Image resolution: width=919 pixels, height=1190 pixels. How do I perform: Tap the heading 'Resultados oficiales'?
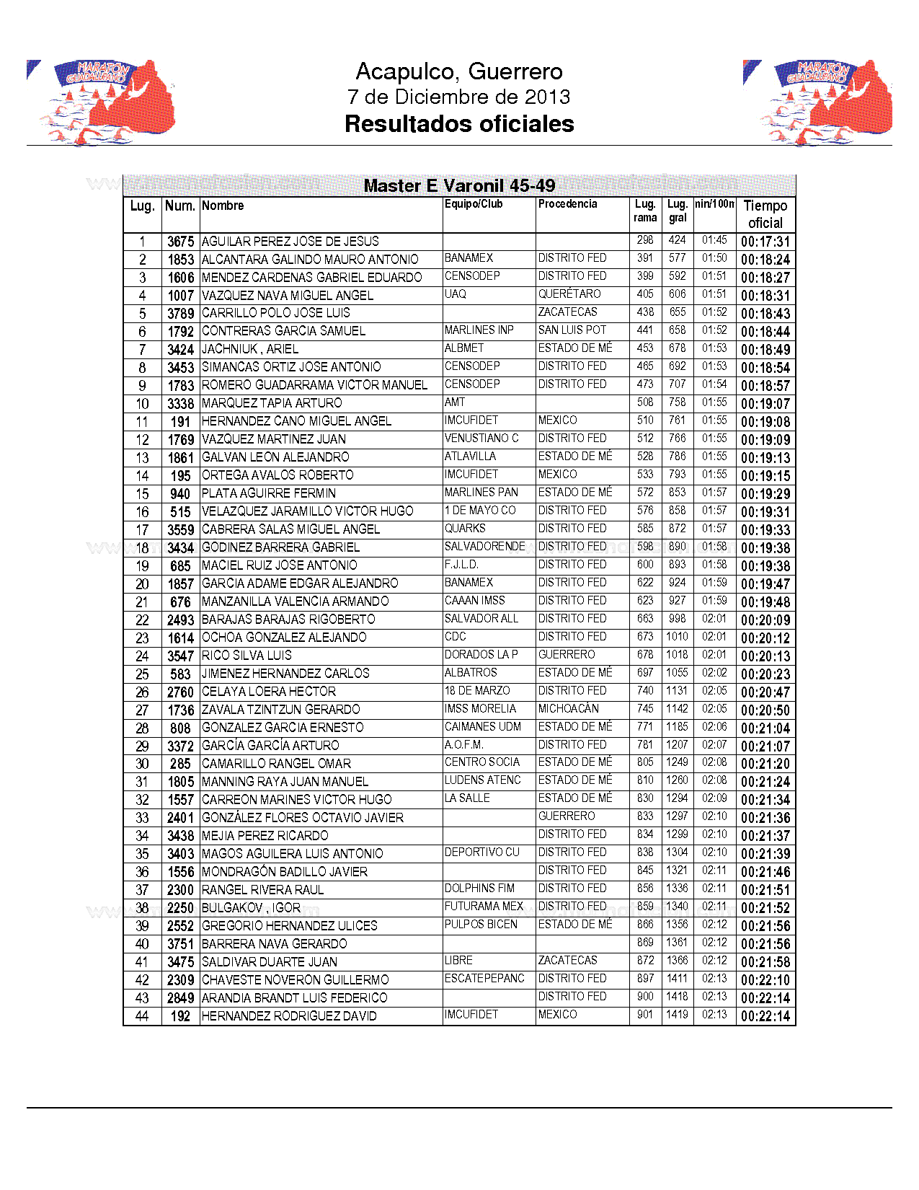click(x=459, y=124)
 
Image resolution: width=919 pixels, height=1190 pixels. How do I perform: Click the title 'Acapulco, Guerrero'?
click(x=459, y=71)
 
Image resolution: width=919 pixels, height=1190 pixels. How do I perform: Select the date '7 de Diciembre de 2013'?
click(x=459, y=97)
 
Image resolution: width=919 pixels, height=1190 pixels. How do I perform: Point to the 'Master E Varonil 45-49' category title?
click(x=459, y=186)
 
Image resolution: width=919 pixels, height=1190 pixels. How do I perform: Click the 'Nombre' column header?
click(x=223, y=206)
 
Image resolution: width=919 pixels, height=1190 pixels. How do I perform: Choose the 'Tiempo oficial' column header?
click(x=765, y=214)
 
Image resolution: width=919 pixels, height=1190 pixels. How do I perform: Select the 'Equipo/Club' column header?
click(x=474, y=204)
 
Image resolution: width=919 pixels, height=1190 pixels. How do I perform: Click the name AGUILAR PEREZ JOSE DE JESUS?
click(x=290, y=242)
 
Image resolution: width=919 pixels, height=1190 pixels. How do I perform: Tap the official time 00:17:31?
click(x=765, y=242)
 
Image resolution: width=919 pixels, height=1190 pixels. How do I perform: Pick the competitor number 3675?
click(x=180, y=242)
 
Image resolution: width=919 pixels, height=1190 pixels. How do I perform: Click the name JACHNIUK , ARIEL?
click(x=250, y=349)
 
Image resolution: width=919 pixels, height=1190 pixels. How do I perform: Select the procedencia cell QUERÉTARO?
click(x=569, y=294)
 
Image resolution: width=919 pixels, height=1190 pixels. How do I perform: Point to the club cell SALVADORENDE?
click(x=484, y=547)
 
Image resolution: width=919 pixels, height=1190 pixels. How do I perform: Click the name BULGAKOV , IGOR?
click(x=251, y=908)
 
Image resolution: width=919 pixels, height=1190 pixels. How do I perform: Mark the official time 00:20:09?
click(x=765, y=620)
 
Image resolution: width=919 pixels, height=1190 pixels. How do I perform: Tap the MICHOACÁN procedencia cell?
click(x=569, y=709)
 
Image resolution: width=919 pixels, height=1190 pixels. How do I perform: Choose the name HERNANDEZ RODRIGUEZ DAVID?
click(x=289, y=1016)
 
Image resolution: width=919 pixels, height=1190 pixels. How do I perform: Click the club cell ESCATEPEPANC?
click(x=484, y=979)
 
